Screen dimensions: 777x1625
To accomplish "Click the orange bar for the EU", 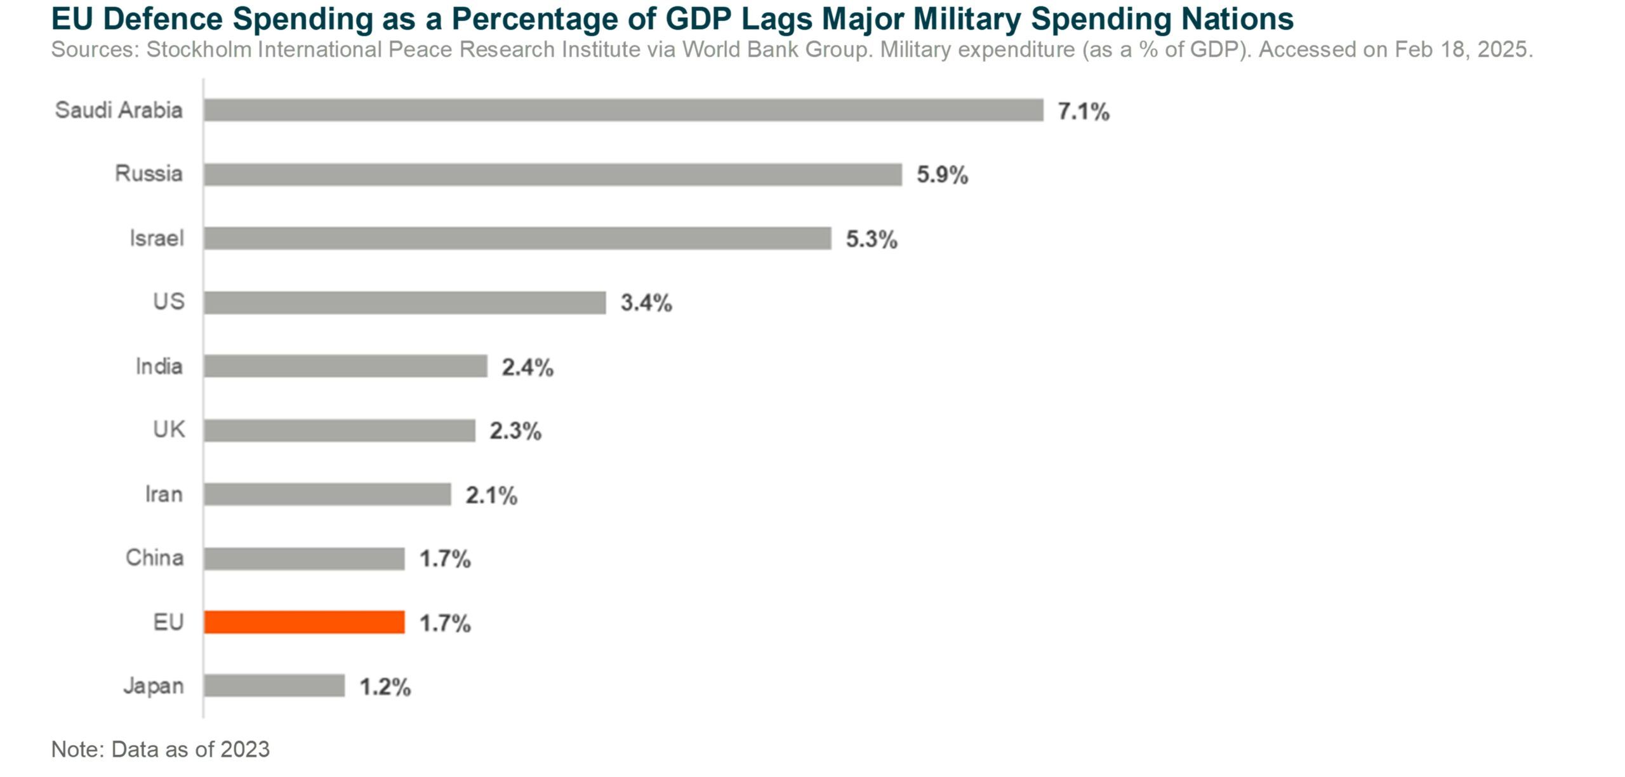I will [x=304, y=622].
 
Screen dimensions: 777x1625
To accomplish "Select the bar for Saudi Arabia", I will [x=623, y=110].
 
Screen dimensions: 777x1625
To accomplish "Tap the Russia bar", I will [x=552, y=175].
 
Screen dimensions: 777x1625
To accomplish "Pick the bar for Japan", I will [x=274, y=686].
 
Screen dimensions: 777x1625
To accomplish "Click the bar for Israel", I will [x=517, y=239].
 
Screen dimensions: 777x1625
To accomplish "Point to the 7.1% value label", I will [x=1083, y=112].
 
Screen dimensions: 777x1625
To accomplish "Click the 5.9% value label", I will [x=942, y=175].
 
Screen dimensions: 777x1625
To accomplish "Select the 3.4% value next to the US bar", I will [x=646, y=303].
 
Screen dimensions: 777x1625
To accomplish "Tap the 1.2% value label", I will [x=385, y=687].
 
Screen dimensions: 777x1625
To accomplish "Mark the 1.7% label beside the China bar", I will [x=444, y=559].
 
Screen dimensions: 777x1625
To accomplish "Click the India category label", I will [x=159, y=366].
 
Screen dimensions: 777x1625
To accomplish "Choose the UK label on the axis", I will [x=169, y=430].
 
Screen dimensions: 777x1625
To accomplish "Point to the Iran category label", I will [x=164, y=494].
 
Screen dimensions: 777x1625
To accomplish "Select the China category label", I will [x=154, y=557].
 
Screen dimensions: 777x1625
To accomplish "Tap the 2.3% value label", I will [x=515, y=432].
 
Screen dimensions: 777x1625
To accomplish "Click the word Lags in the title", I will [x=777, y=19].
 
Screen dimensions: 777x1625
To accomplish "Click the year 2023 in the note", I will [x=244, y=750].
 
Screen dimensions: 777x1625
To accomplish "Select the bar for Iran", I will [x=327, y=495].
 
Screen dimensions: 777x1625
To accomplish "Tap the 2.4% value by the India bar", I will [x=527, y=368].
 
